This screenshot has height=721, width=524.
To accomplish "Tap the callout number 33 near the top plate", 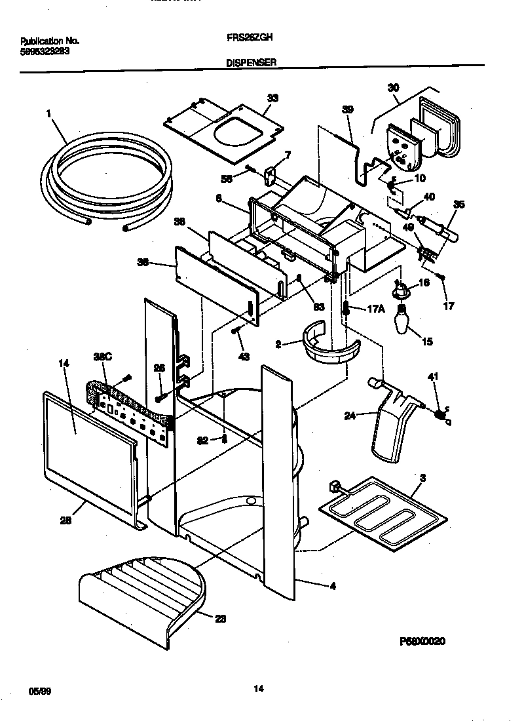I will pos(272,98).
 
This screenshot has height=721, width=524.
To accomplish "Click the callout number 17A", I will pos(375,308).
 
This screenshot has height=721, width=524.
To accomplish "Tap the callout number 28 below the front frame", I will pos(65,521).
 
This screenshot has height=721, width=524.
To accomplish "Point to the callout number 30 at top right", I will pos(393,88).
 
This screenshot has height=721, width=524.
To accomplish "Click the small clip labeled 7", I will pos(271,174).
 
